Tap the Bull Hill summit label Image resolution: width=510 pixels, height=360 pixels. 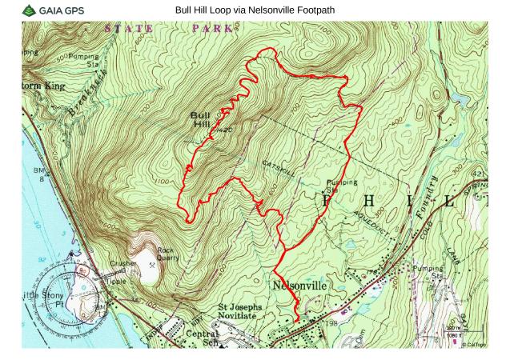(201, 120)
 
